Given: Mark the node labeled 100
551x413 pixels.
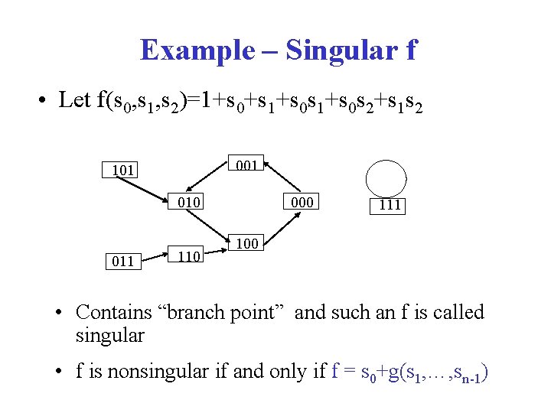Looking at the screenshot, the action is (246, 244).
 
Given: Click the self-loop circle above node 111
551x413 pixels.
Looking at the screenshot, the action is (386, 179).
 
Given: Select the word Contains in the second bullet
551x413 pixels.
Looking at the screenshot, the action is (114, 312).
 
